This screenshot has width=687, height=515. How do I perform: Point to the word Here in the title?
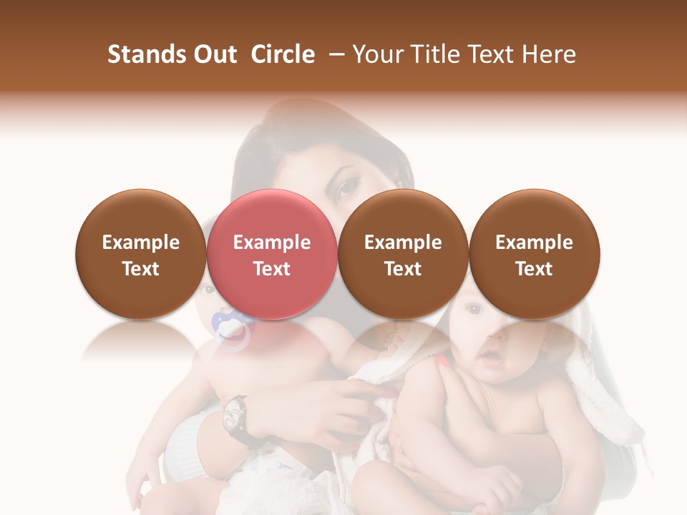(549, 54)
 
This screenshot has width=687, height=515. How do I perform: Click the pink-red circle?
(271, 254)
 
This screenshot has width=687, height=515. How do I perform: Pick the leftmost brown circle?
(140, 254)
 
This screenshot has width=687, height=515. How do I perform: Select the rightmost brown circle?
(534, 254)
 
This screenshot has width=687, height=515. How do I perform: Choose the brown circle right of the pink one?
(403, 254)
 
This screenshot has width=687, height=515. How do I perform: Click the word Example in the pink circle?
(272, 242)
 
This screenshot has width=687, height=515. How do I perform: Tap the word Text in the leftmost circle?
(141, 269)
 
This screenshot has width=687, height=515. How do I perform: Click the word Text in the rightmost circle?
(535, 269)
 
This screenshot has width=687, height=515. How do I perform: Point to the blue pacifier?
(230, 328)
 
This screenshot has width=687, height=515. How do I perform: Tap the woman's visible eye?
(349, 187)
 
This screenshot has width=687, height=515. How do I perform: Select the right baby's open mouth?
(488, 357)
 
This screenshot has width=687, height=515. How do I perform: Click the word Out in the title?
(214, 54)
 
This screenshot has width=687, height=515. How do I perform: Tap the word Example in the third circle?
(403, 242)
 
